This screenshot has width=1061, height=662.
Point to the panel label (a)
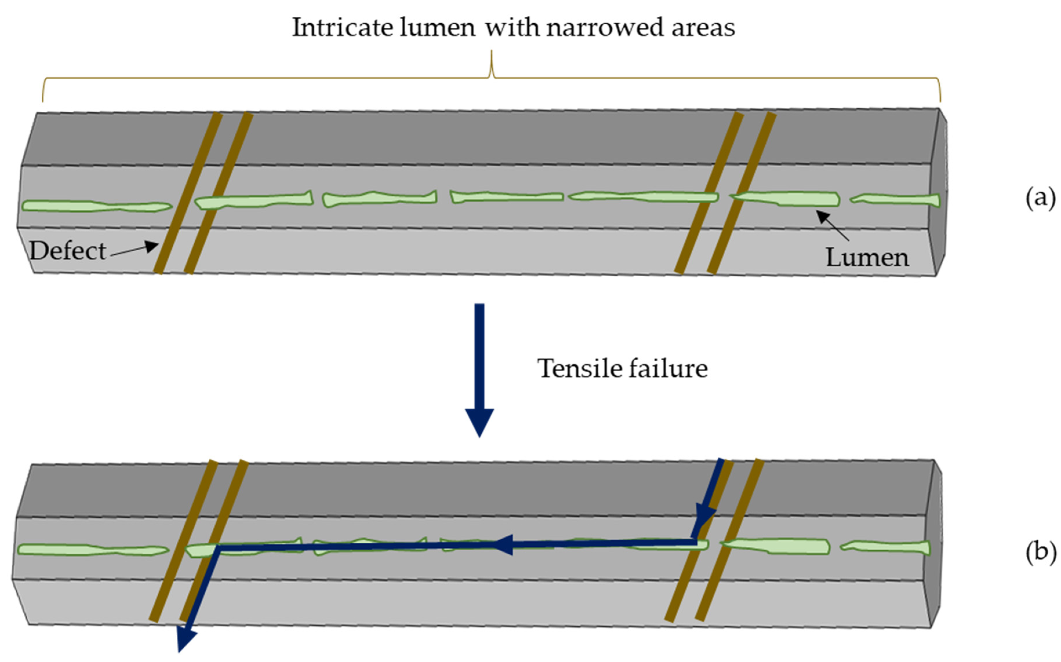pos(1040,198)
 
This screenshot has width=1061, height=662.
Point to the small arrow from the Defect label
pos(134,251)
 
